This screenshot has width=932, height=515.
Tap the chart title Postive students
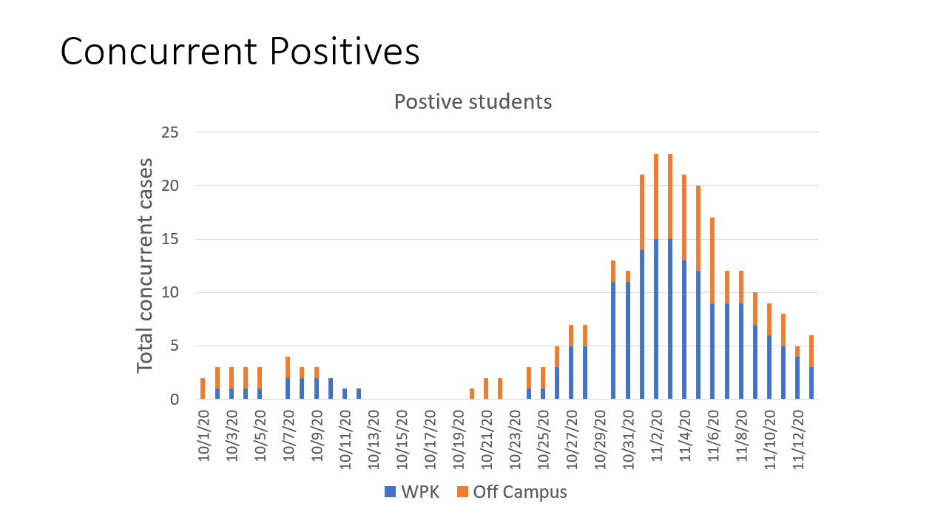tap(473, 101)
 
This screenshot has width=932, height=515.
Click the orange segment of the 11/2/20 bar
tap(656, 196)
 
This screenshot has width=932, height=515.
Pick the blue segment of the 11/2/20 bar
tap(656, 318)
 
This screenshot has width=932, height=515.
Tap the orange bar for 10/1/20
tap(203, 388)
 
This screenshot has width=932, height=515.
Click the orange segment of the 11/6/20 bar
tap(712, 260)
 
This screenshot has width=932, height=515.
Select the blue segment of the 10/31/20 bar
tap(628, 340)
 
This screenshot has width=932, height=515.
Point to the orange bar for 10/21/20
tap(486, 388)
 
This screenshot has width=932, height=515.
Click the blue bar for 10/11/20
tap(345, 394)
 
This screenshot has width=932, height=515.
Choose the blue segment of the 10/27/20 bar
tap(571, 372)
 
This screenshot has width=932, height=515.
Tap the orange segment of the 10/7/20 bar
tap(288, 367)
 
